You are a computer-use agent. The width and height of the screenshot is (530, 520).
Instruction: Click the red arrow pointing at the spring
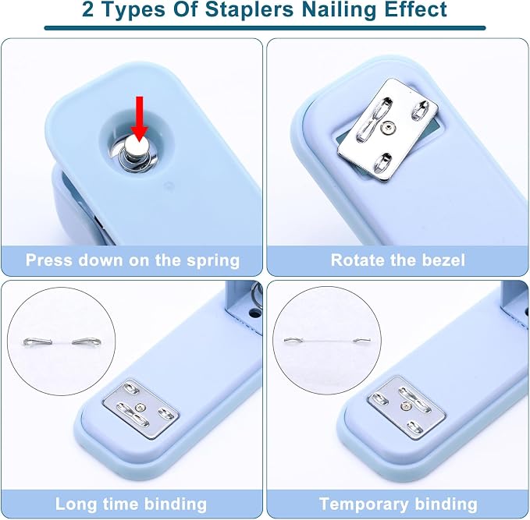tap(139, 119)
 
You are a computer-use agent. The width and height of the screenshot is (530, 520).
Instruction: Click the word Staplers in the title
tap(250, 9)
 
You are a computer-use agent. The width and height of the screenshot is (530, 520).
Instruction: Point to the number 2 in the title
tap(87, 9)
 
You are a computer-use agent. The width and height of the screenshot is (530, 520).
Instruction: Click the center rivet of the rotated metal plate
tap(389, 128)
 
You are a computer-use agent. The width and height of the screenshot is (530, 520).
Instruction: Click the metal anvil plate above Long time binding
tap(141, 409)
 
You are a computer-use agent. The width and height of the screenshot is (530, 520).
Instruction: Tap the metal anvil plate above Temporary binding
tap(407, 408)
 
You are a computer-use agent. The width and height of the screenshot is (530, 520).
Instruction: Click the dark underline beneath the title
tap(265, 28)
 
